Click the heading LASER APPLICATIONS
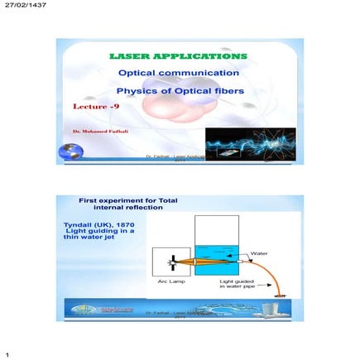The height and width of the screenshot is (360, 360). pos(179,56)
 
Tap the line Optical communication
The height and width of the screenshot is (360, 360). pos(179,73)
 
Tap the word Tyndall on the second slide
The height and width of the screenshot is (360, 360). pos(79,223)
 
